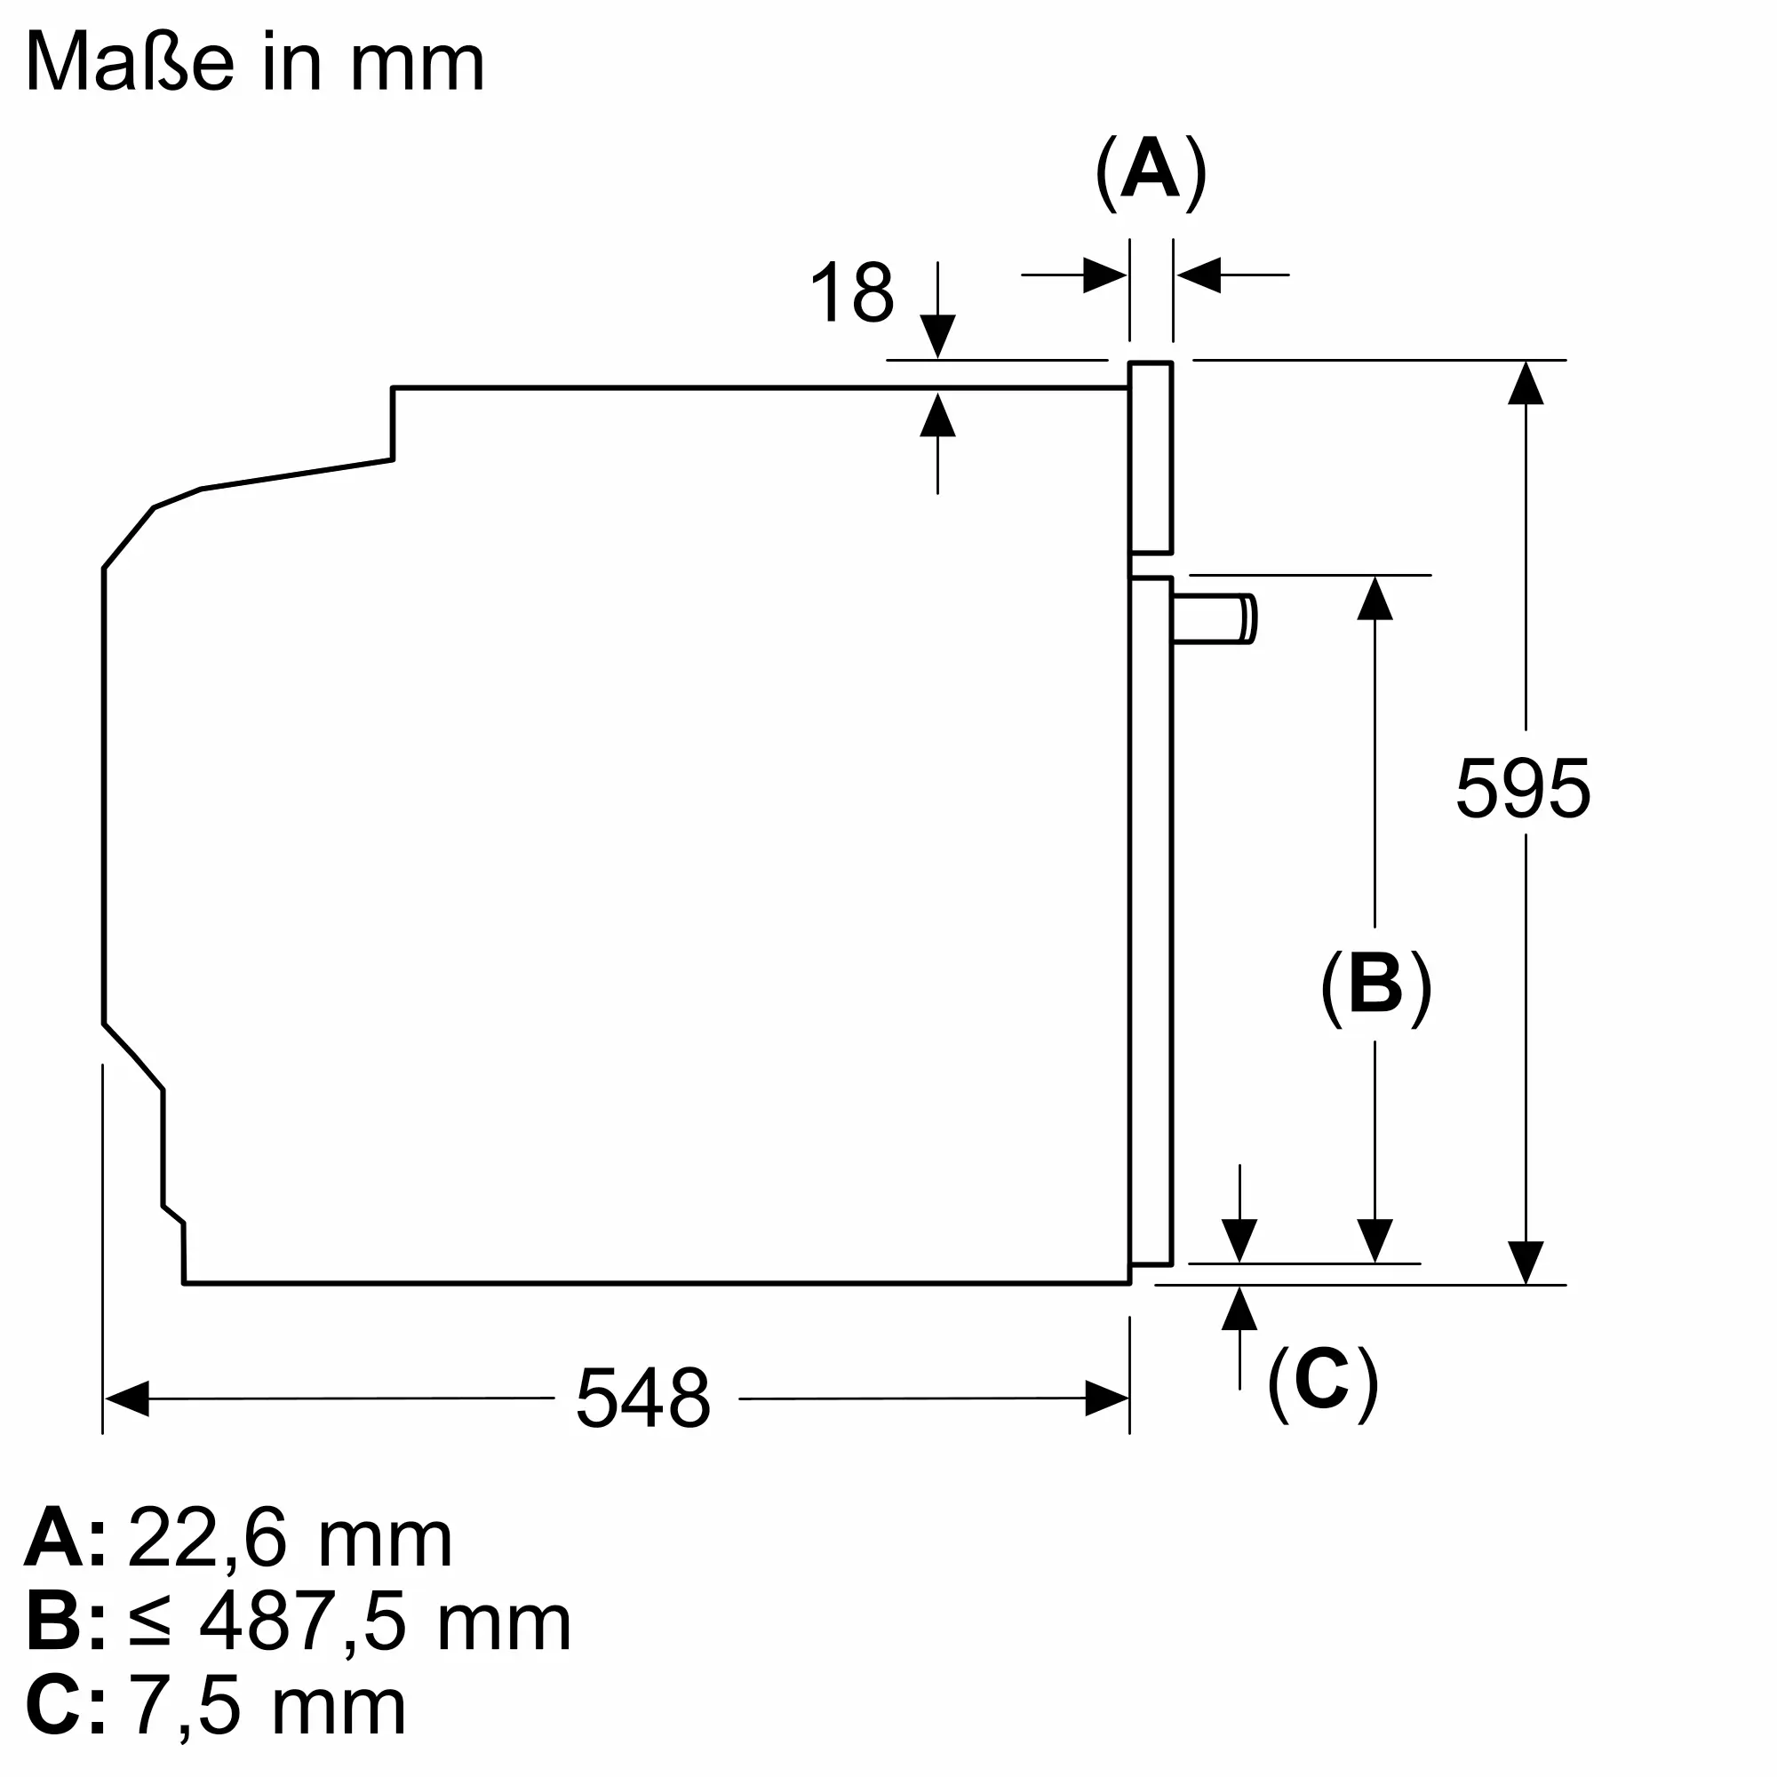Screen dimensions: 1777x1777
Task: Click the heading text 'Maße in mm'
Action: pos(255,61)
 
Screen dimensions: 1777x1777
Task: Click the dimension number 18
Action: pos(852,292)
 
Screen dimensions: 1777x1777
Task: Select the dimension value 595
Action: pos(1522,787)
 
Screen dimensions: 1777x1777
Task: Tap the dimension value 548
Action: pos(643,1397)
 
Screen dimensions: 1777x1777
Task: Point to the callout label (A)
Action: pos(1151,172)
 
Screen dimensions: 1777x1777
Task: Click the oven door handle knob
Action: pos(1214,618)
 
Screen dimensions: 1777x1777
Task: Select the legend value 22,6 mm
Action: pos(291,1539)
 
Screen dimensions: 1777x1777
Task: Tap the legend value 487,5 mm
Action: pos(386,1624)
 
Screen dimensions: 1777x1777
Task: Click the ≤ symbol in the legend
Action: pos(150,1624)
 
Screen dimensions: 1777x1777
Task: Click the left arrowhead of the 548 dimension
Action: pos(127,1398)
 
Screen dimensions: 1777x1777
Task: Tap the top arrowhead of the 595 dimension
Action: pos(1525,383)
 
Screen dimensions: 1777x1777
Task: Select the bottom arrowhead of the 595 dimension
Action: pos(1525,1262)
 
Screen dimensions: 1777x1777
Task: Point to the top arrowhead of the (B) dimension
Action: pos(1375,599)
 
